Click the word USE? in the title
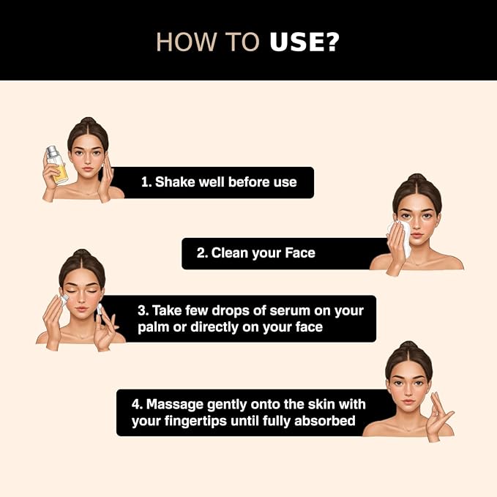pyautogui.click(x=304, y=42)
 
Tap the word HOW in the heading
pyautogui.click(x=187, y=42)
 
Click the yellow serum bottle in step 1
pyautogui.click(x=57, y=165)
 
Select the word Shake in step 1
pyautogui.click(x=175, y=182)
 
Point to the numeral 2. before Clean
pyautogui.click(x=202, y=253)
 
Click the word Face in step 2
pyautogui.click(x=300, y=253)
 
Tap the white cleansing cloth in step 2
pyautogui.click(x=401, y=236)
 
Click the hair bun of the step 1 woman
pyautogui.click(x=89, y=122)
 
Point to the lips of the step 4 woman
pyautogui.click(x=409, y=402)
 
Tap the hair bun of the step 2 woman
pyautogui.click(x=416, y=178)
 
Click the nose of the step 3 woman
pyautogui.click(x=81, y=299)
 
